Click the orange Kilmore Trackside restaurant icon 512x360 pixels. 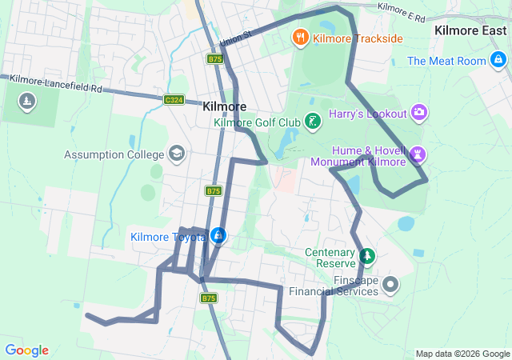point(300,37)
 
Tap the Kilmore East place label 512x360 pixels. point(470,30)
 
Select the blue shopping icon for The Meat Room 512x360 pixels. point(498,61)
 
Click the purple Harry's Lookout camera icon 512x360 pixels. point(418,114)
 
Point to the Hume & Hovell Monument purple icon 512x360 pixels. point(418,154)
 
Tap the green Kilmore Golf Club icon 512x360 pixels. point(313,122)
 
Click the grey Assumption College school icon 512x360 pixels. point(176,154)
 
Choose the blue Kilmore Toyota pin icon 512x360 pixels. point(218,236)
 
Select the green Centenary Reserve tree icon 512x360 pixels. point(367,257)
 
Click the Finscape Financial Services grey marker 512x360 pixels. point(390,284)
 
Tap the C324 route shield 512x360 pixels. point(174,100)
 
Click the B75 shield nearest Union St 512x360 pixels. point(214,59)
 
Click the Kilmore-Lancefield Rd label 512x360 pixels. point(57,82)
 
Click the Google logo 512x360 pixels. point(26,350)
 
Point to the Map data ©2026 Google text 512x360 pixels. point(462,354)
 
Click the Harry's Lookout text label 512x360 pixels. point(367,114)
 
